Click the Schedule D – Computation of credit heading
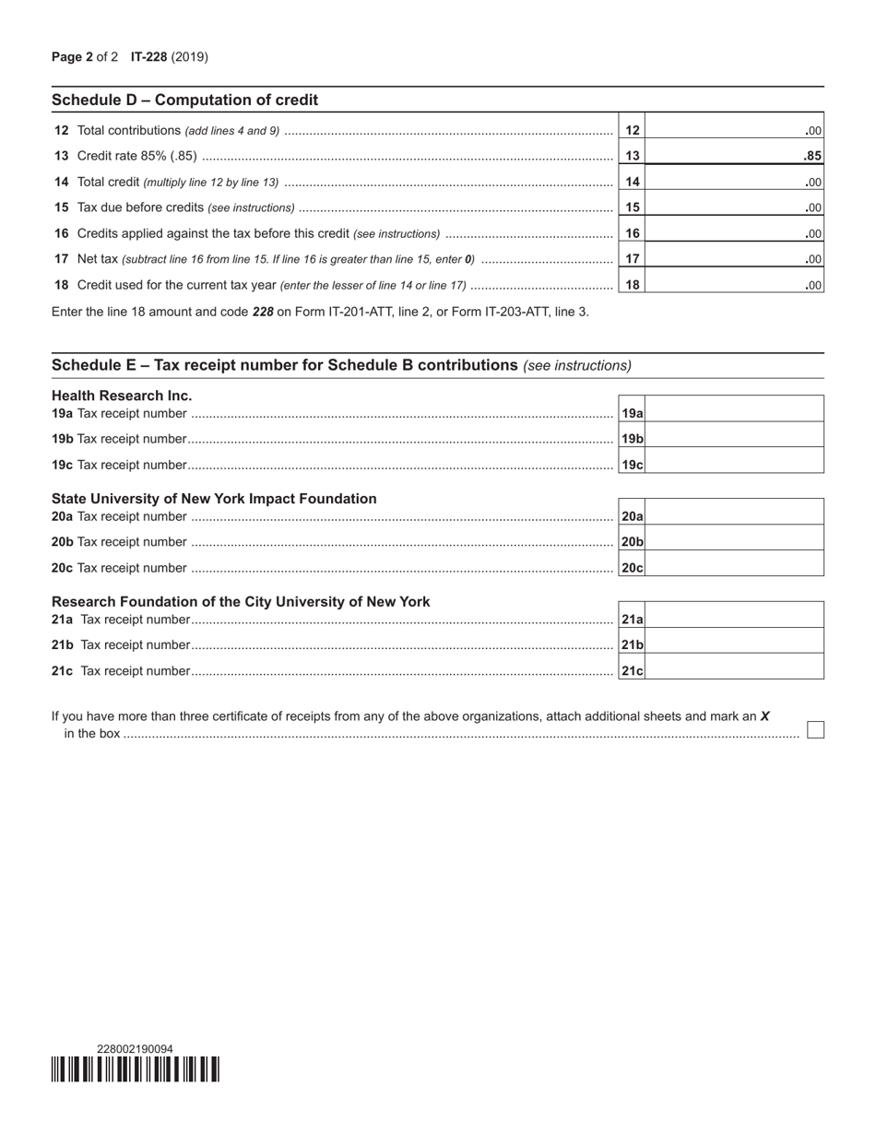(x=184, y=100)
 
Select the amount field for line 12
(x=733, y=131)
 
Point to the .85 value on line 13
(x=812, y=157)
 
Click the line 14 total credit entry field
(x=733, y=183)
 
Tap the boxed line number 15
(x=632, y=207)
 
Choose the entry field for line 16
(x=733, y=233)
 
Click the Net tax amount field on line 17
(x=733, y=259)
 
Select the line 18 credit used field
(x=733, y=285)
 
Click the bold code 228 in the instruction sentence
(x=263, y=312)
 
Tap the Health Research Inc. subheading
(x=122, y=396)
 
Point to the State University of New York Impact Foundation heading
(x=214, y=499)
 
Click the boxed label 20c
(x=632, y=568)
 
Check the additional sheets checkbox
(x=815, y=730)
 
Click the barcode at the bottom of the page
(x=136, y=1069)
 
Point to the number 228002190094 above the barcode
(x=135, y=1048)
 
